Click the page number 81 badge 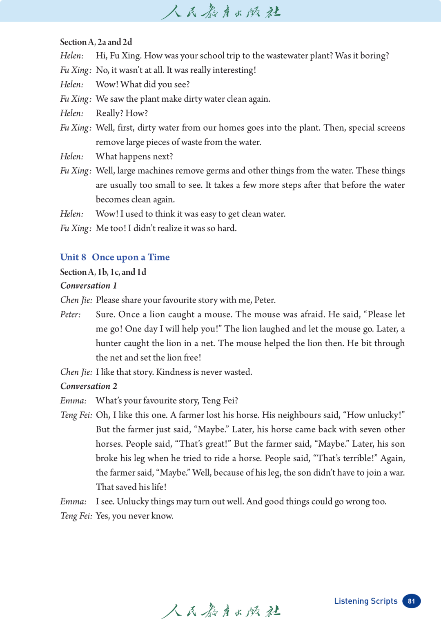click(411, 601)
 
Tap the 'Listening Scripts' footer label click(365, 601)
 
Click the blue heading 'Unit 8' click(73, 257)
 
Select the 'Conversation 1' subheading click(89, 286)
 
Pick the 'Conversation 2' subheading click(89, 386)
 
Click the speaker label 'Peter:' click(70, 315)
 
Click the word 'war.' click(397, 473)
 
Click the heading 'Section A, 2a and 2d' click(96, 42)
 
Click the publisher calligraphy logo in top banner click(220, 11)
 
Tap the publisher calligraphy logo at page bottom click(220, 611)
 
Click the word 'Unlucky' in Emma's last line click(133, 502)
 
